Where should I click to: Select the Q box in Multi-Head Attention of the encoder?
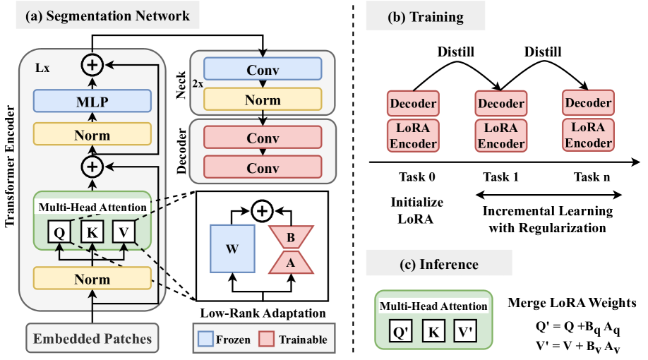pyautogui.click(x=59, y=231)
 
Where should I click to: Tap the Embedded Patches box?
pyautogui.click(x=92, y=338)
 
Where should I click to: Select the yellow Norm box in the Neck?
pyautogui.click(x=262, y=101)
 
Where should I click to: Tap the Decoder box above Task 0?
pyautogui.click(x=413, y=104)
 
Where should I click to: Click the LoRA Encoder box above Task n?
pyautogui.click(x=587, y=135)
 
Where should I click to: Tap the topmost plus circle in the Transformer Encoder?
pyautogui.click(x=92, y=65)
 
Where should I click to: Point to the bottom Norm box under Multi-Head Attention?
pyautogui.click(x=92, y=280)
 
